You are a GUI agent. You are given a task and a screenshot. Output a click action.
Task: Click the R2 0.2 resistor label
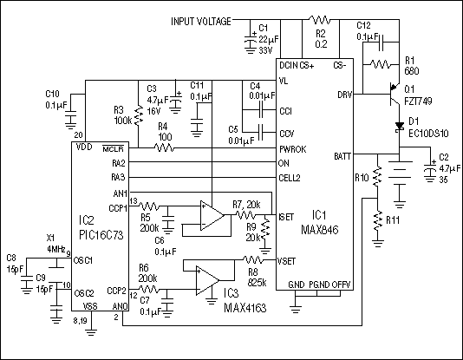pos(321,37)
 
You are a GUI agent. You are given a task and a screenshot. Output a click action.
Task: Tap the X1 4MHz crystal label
pos(56,243)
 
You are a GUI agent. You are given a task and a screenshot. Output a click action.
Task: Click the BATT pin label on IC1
pos(342,156)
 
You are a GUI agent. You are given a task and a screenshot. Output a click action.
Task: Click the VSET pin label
pos(287,259)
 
